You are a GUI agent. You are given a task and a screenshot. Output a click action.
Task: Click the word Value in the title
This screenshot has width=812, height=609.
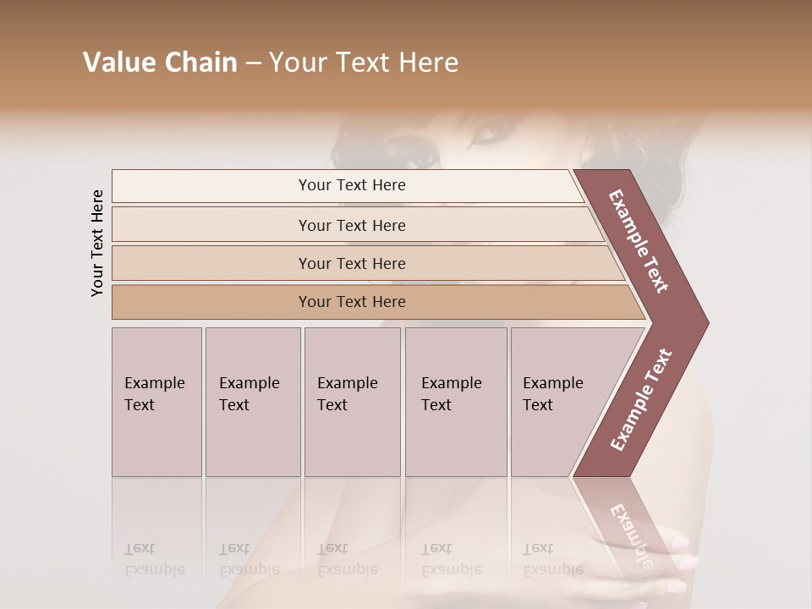pyautogui.click(x=118, y=63)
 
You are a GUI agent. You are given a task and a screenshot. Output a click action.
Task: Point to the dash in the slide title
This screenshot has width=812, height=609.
pyautogui.click(x=253, y=63)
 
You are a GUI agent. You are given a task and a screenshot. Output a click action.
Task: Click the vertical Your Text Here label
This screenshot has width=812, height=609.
pyautogui.click(x=98, y=243)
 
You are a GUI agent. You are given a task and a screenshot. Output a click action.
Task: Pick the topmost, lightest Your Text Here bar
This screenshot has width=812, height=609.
pyautogui.click(x=352, y=185)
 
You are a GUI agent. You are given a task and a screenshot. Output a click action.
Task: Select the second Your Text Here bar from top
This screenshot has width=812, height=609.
pyautogui.click(x=352, y=225)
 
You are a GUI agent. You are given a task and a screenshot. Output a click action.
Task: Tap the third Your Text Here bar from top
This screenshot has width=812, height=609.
pyautogui.click(x=352, y=263)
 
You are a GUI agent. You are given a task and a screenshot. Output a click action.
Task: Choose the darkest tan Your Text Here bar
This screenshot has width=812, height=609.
pyautogui.click(x=352, y=302)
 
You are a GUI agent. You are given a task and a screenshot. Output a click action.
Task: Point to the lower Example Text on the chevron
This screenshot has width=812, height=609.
pyautogui.click(x=641, y=400)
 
